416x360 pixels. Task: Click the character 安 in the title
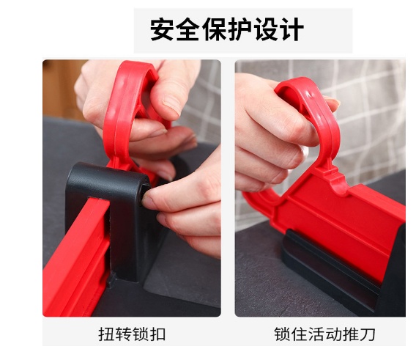tap(162, 29)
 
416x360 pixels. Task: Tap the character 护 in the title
tap(239, 29)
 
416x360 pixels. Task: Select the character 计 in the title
tap(291, 29)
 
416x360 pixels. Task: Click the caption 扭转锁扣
tap(132, 334)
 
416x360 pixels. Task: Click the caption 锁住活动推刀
tap(324, 334)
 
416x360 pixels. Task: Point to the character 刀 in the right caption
tap(367, 334)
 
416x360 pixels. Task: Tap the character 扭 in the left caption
tap(106, 334)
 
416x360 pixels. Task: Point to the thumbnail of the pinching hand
tap(149, 202)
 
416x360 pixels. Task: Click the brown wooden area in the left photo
tap(61, 89)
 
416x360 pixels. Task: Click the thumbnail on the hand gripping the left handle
tap(171, 105)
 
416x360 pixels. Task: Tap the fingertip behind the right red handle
tap(333, 103)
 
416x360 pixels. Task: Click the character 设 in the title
tap(266, 29)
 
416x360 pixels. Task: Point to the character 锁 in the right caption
tap(282, 334)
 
